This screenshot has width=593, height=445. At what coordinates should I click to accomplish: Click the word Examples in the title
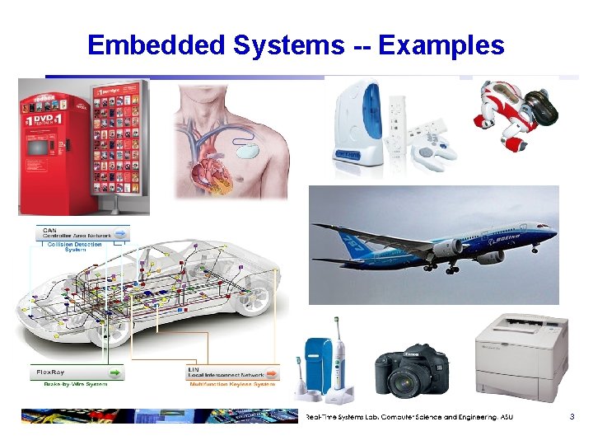click(x=441, y=45)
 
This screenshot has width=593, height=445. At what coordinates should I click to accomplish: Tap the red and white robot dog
click(x=509, y=117)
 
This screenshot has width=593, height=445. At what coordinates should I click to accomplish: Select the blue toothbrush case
click(x=316, y=368)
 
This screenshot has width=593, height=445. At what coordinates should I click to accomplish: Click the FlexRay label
click(x=51, y=372)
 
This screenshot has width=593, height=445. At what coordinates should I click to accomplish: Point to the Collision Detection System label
click(x=76, y=246)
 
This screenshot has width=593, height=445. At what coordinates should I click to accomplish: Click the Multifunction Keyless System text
click(x=231, y=384)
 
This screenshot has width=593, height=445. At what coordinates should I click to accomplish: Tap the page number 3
click(x=572, y=417)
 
